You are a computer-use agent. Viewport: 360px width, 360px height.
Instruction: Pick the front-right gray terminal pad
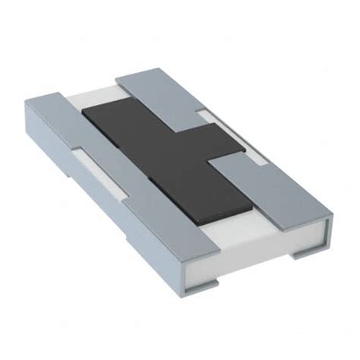point(266,190)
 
